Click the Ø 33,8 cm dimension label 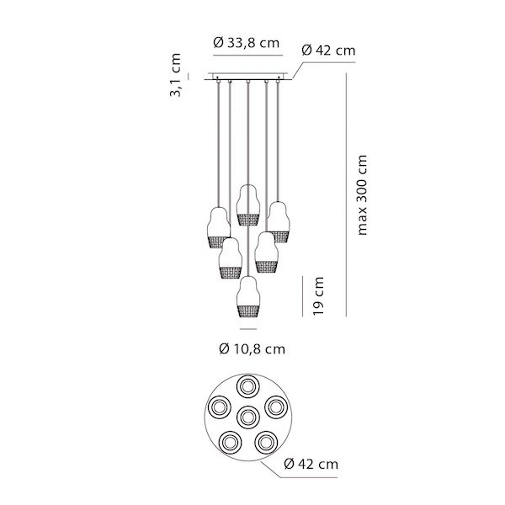(247, 43)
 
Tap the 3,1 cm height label (176, 75)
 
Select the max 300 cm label (362, 195)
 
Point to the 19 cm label (318, 296)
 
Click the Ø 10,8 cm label (252, 349)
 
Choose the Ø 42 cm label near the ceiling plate (328, 50)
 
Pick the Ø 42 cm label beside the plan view (311, 464)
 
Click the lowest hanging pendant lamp (248, 297)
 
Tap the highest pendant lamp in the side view (248, 205)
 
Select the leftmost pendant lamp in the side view (219, 228)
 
